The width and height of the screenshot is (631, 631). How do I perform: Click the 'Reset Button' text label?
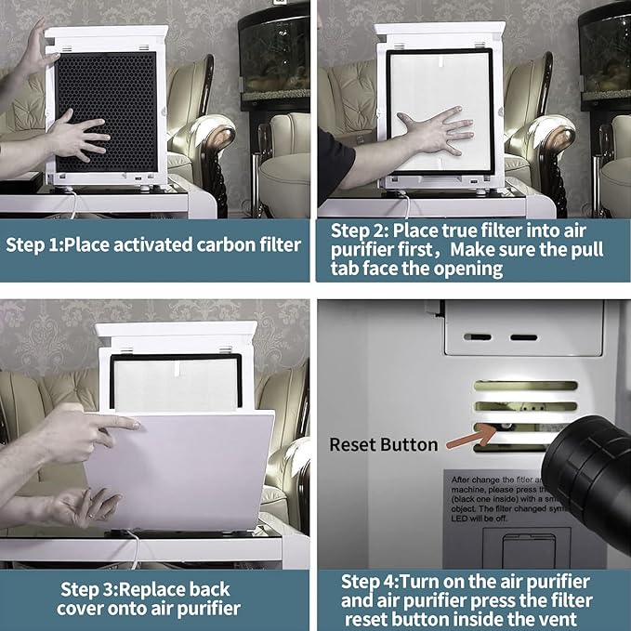click(383, 444)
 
